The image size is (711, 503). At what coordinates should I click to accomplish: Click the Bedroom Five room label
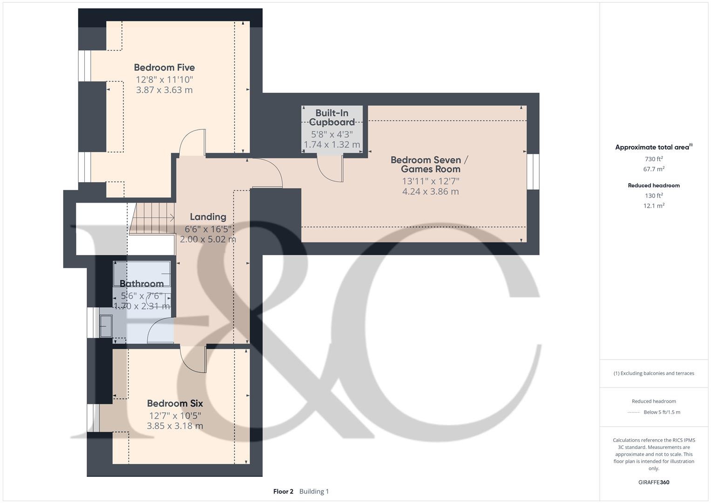tap(164, 68)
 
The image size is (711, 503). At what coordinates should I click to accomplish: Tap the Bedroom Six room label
tap(175, 403)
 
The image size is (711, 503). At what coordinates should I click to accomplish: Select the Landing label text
tap(208, 217)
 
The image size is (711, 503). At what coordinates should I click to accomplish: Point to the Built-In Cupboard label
tap(332, 118)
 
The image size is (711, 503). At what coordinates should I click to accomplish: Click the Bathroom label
tap(142, 284)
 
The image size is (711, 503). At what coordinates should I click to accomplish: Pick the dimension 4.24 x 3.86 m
tap(430, 191)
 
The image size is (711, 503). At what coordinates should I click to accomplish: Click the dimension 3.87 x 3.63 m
tap(164, 90)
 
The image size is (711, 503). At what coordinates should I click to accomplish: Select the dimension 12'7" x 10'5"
tap(175, 415)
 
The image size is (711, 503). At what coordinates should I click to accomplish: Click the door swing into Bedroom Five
tap(192, 143)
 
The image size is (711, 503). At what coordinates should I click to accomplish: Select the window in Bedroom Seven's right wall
tap(533, 172)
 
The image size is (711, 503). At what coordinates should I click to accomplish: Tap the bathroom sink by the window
tap(106, 326)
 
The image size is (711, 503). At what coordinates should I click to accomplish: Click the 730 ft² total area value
tap(654, 159)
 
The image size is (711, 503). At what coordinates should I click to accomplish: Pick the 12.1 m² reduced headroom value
tap(654, 206)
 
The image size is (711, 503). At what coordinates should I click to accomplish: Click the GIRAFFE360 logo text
tap(654, 482)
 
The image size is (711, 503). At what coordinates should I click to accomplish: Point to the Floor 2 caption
tap(283, 491)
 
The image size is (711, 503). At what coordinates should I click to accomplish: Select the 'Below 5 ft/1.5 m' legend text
tap(662, 412)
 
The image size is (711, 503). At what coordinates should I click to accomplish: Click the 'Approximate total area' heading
tap(652, 147)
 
